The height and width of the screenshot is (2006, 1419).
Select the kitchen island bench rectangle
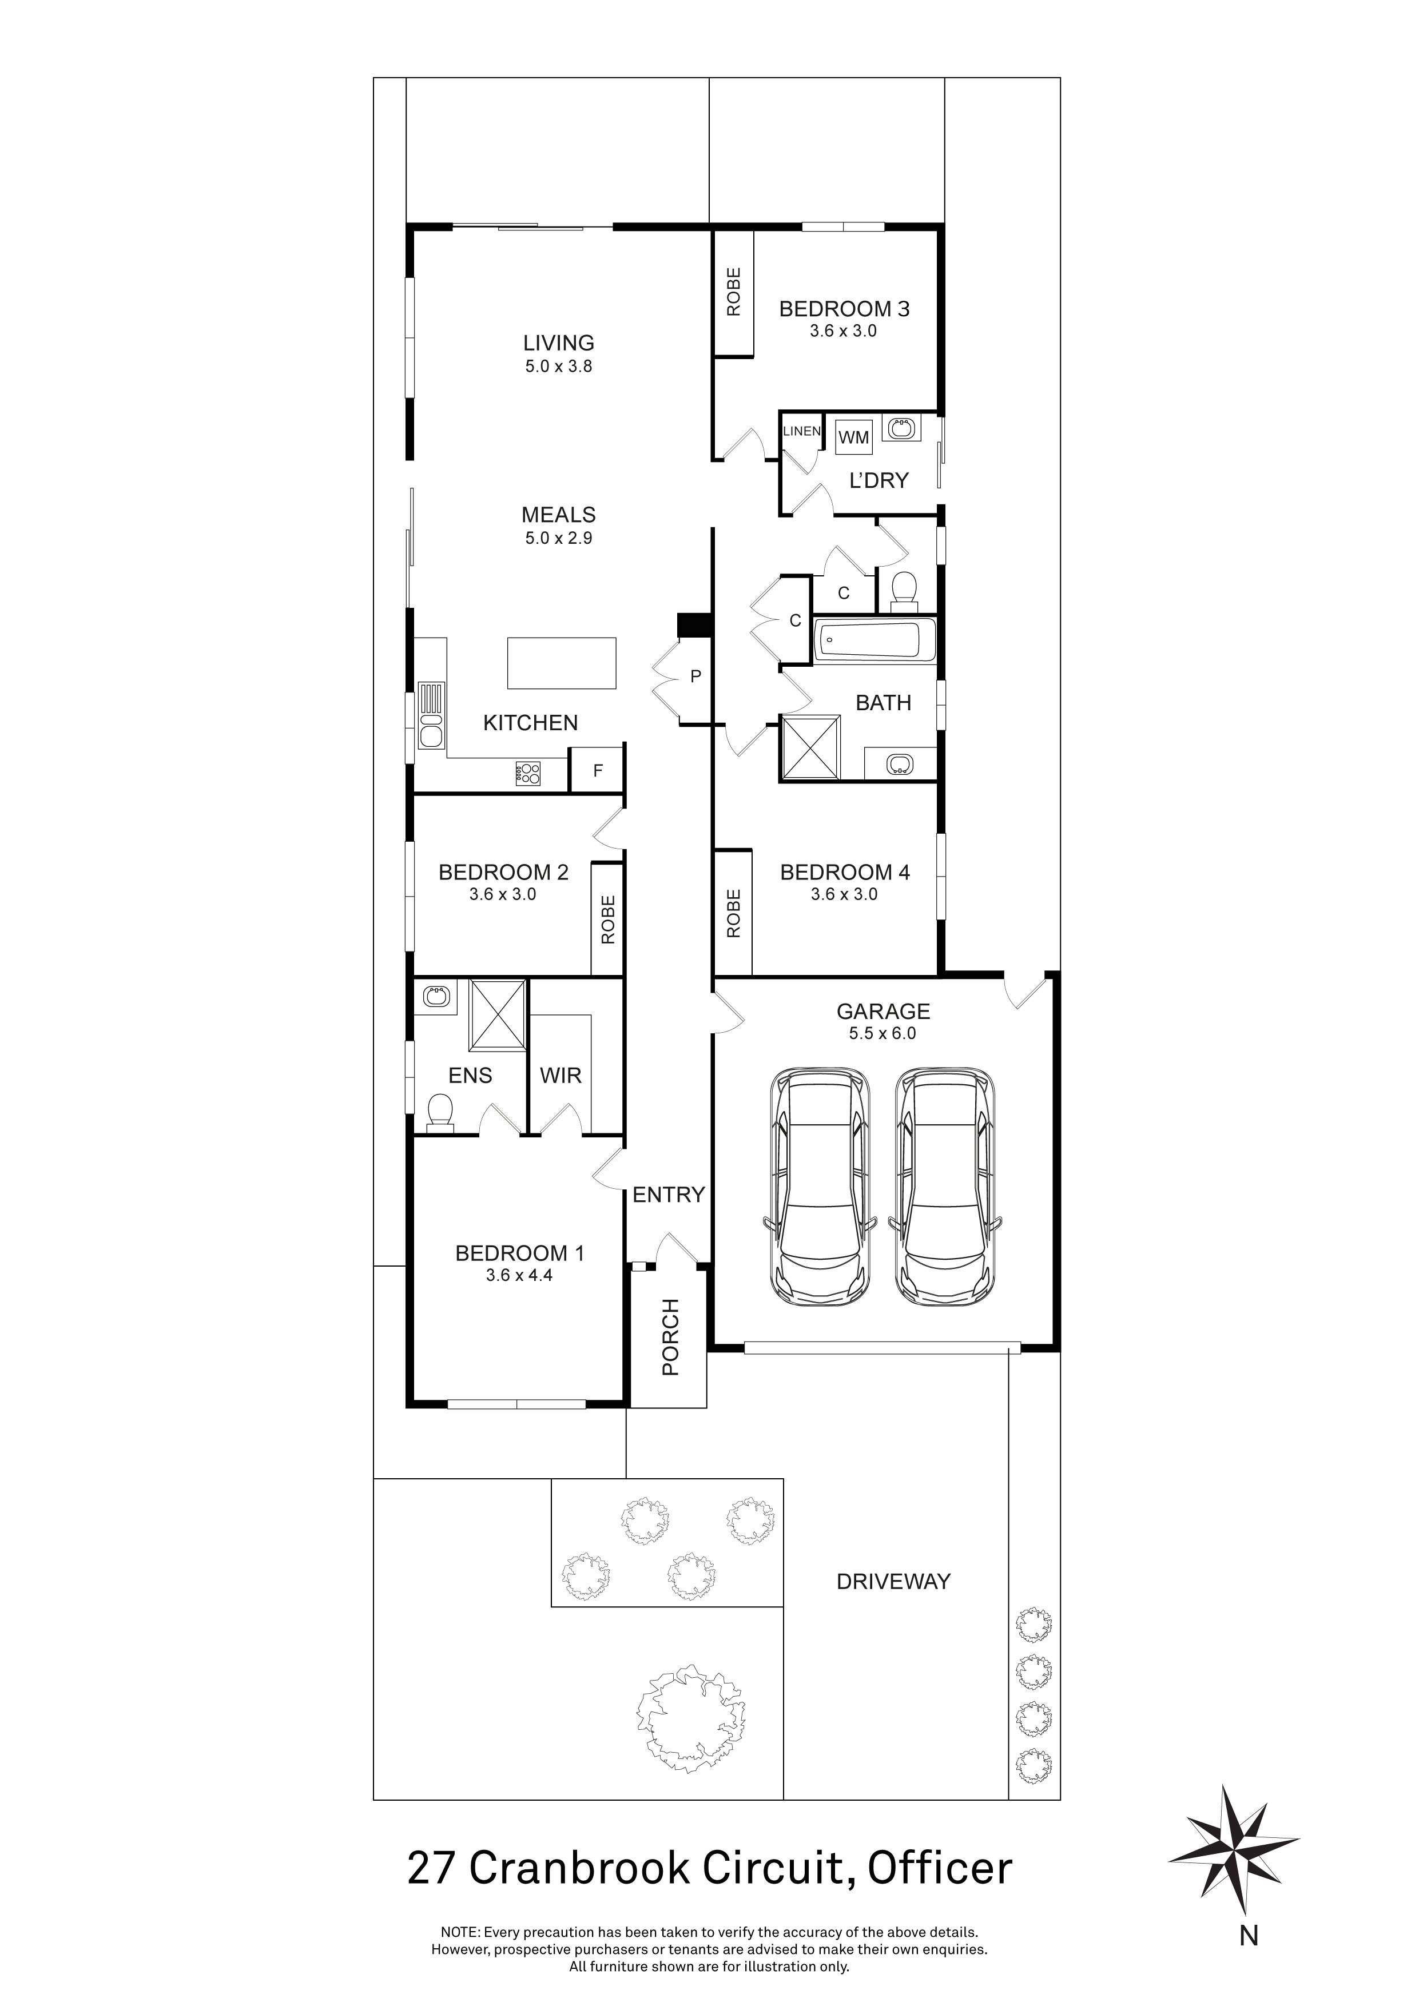point(562,663)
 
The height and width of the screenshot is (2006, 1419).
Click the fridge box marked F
point(598,771)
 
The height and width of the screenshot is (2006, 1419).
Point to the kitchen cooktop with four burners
point(528,773)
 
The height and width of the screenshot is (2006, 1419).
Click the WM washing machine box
point(854,437)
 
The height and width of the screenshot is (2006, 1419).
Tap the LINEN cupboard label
point(801,431)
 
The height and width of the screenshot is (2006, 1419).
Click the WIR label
point(560,1076)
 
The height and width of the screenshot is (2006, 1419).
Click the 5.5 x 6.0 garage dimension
point(883,1033)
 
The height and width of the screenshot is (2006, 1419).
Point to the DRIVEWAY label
point(893,1581)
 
